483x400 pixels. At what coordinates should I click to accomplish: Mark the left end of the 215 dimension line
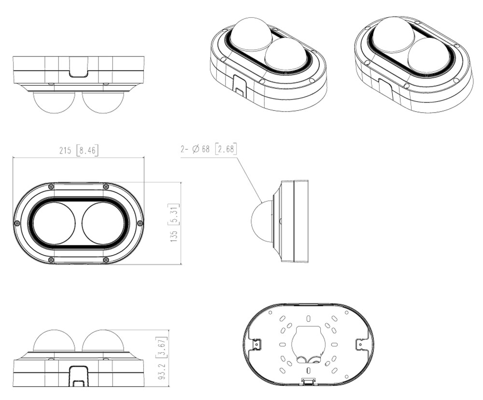(13, 157)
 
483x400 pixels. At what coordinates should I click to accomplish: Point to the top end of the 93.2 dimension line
(168, 329)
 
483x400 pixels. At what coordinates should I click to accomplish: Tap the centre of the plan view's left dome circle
(54, 223)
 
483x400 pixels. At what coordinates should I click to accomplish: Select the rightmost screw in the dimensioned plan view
(140, 223)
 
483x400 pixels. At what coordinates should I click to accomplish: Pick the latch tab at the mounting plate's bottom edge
(308, 381)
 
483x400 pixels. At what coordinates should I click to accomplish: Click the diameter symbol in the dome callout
(196, 149)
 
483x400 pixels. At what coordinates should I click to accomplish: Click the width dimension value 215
(65, 151)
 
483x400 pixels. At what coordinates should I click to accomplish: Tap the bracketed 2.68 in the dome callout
(226, 149)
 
